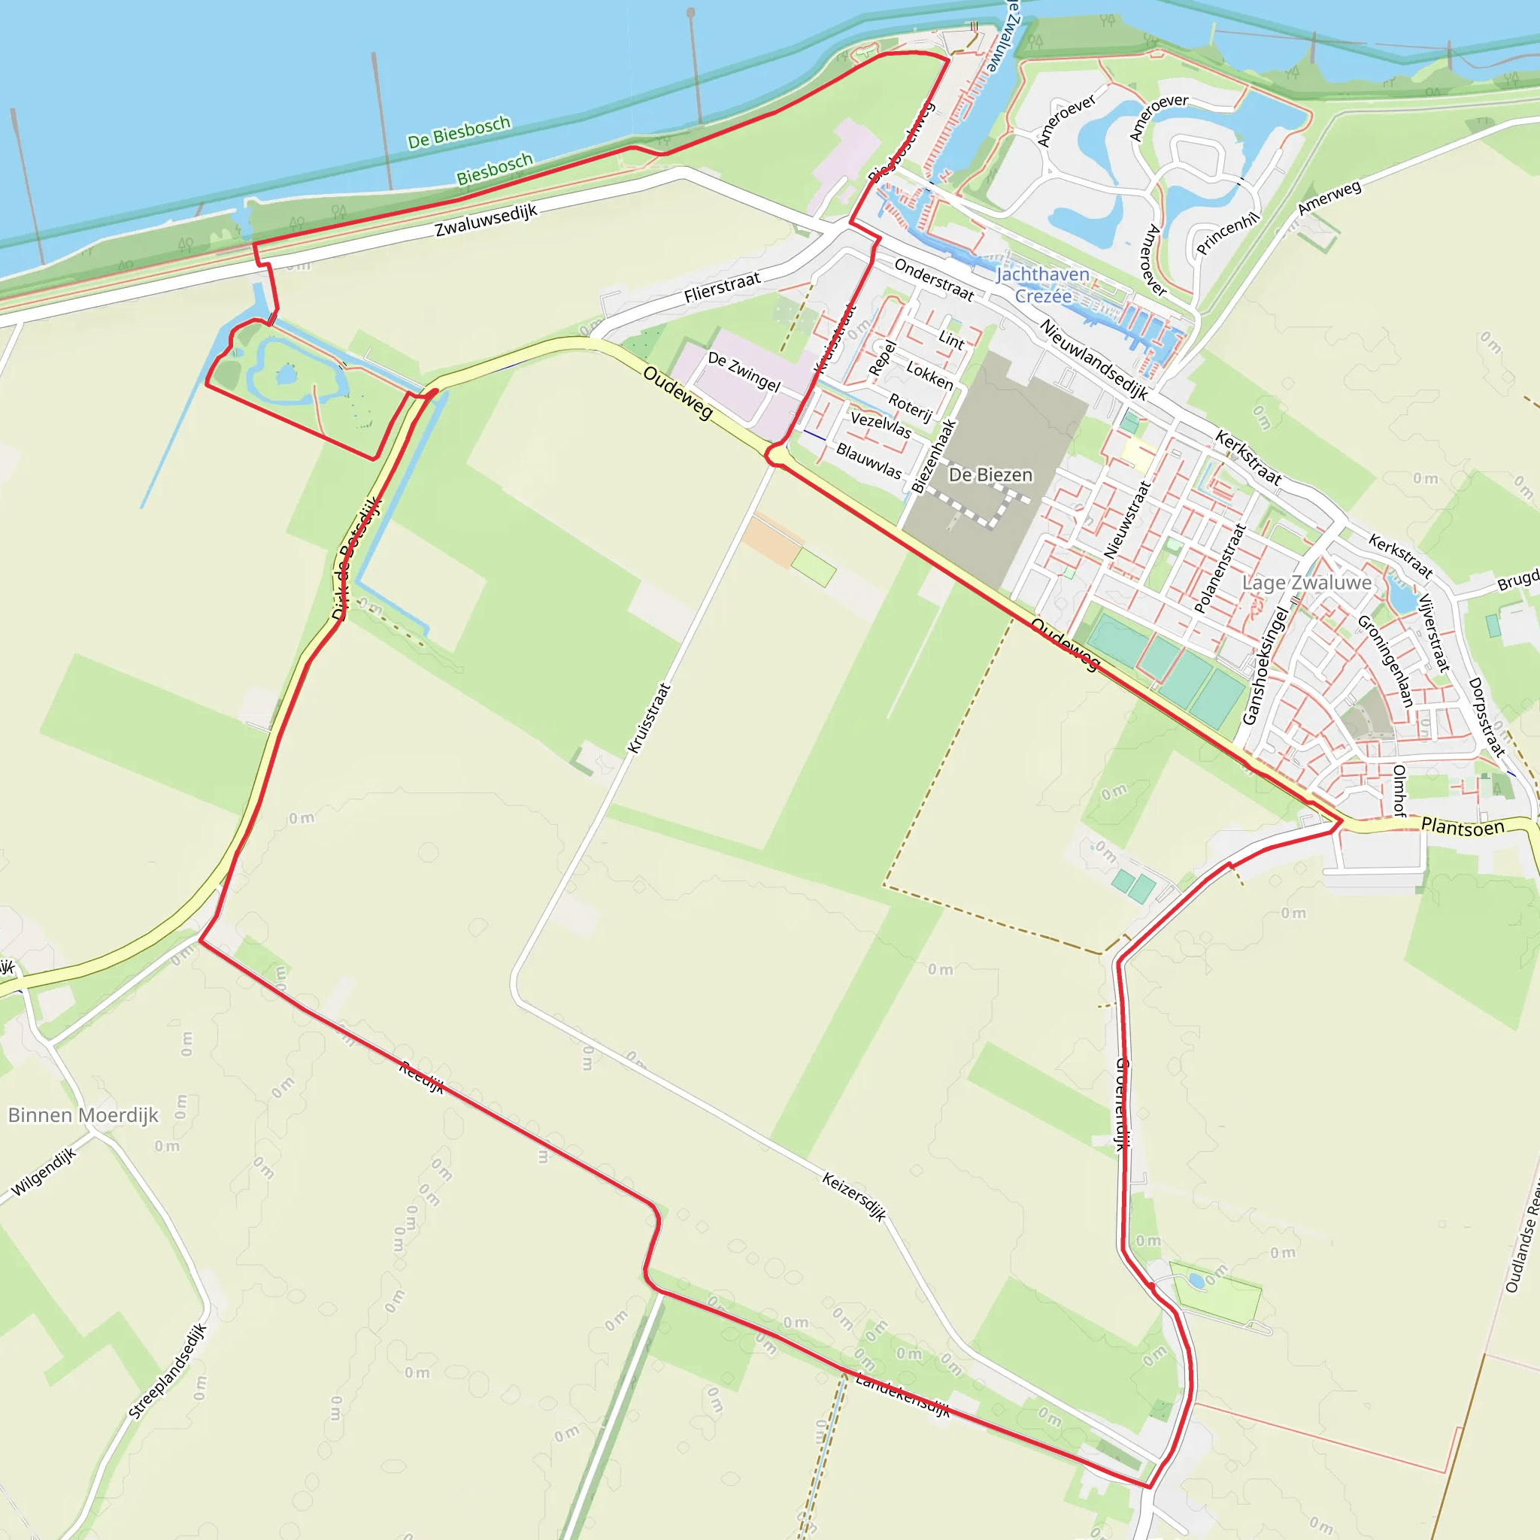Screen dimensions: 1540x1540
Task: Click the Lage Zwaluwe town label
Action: (x=1306, y=583)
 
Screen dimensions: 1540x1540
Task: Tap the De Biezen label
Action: (x=990, y=475)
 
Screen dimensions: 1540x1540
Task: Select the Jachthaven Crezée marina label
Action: (x=1043, y=284)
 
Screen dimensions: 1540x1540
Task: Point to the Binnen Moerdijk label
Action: (x=83, y=1115)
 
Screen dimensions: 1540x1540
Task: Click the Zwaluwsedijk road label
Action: (x=487, y=220)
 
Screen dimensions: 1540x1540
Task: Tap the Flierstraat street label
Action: (x=722, y=288)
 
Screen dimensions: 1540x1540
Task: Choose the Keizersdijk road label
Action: (x=853, y=1196)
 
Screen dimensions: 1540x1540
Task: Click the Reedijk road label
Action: (x=422, y=1077)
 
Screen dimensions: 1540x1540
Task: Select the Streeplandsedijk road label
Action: (x=168, y=1371)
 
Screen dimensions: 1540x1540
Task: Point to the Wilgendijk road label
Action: (x=44, y=1172)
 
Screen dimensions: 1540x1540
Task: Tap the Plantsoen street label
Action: (x=1463, y=826)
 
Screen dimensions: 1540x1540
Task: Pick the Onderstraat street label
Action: (x=934, y=280)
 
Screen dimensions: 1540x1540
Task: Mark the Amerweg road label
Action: (x=1329, y=198)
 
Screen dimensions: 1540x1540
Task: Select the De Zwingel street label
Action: (x=744, y=371)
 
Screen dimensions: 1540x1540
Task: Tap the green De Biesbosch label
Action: (x=459, y=132)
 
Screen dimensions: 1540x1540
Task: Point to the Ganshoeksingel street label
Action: (x=1264, y=665)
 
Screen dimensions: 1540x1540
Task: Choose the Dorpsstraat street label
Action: (x=1487, y=716)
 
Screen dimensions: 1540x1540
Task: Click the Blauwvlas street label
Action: (x=869, y=462)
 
